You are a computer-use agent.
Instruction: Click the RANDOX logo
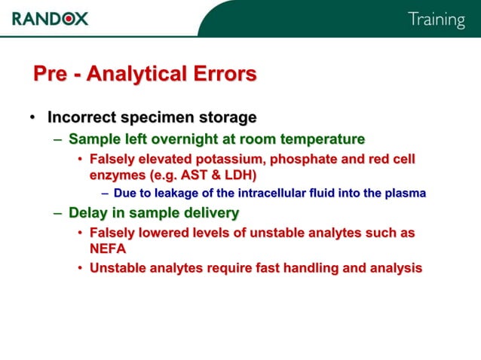point(50,18)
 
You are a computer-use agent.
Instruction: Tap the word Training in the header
point(436,20)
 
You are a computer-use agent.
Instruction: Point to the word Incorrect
point(80,117)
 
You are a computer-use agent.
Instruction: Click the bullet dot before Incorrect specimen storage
point(32,118)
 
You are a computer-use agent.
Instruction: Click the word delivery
point(209,212)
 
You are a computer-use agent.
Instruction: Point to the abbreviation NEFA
point(108,248)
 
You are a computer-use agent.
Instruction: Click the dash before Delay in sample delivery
point(58,213)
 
